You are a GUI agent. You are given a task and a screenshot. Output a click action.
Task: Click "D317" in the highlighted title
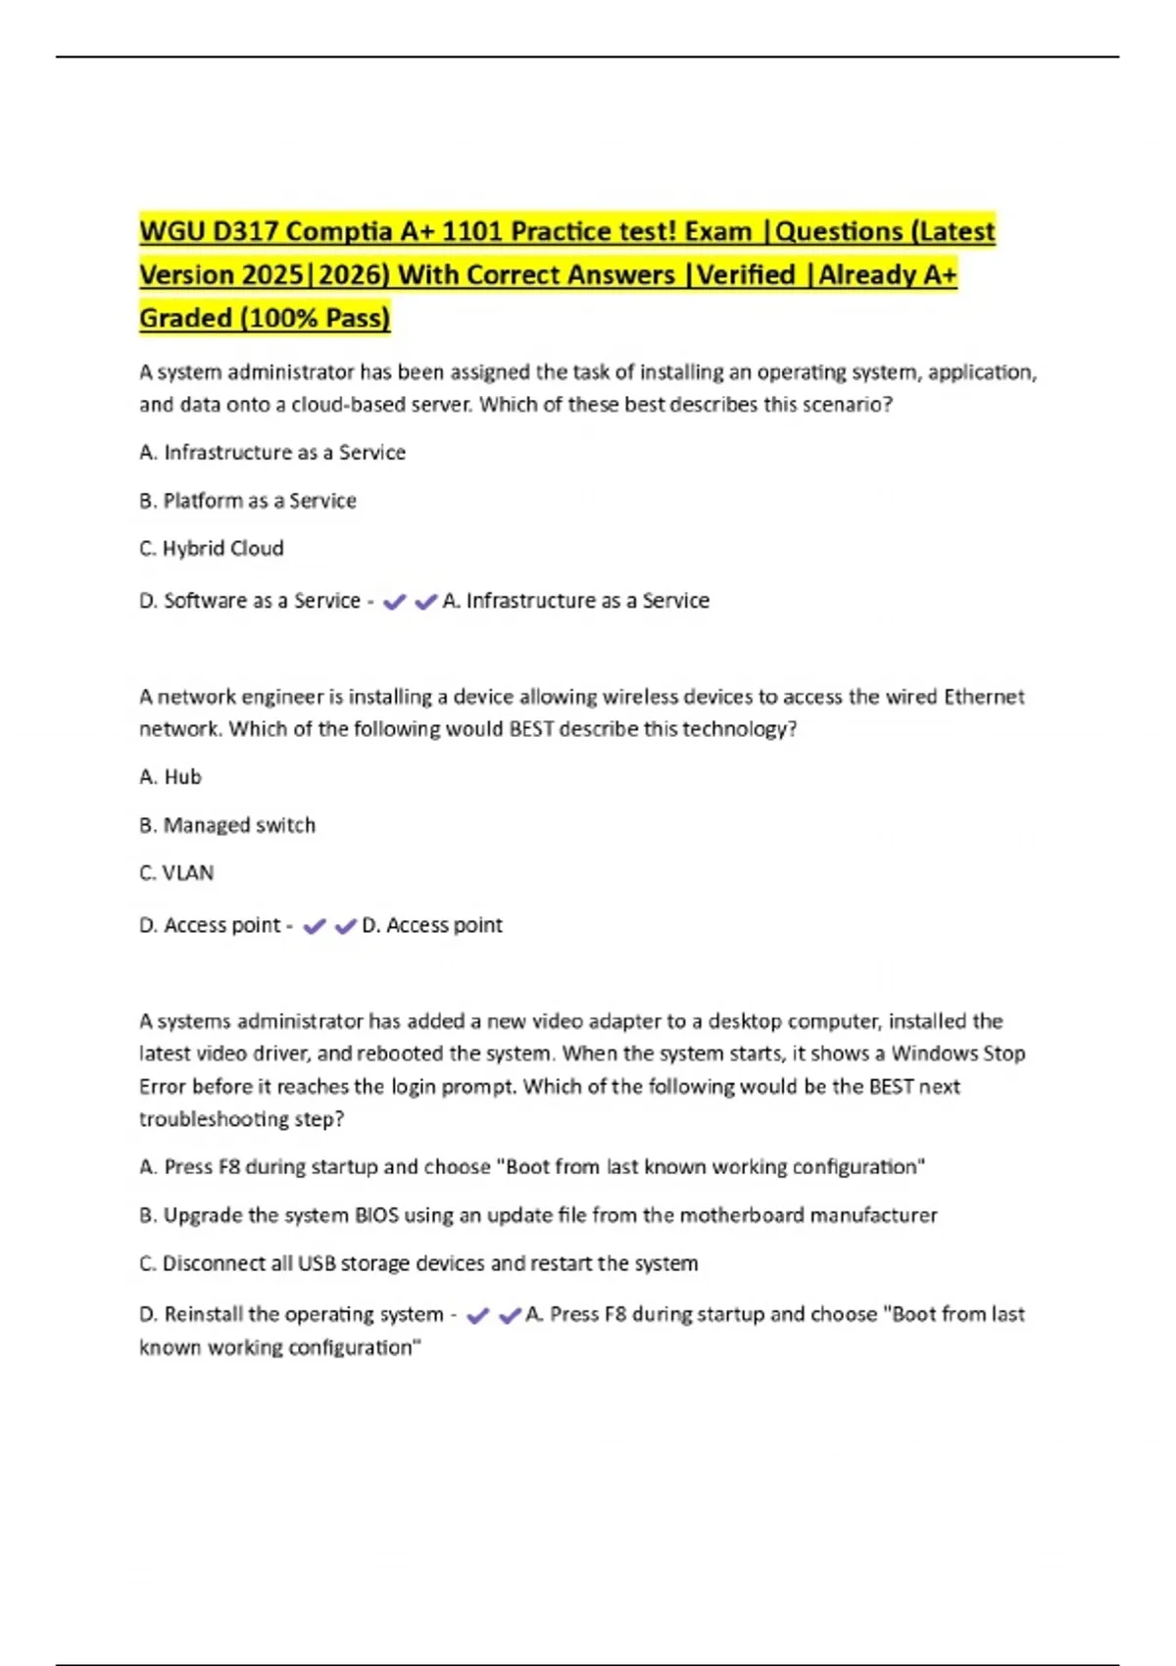tap(246, 231)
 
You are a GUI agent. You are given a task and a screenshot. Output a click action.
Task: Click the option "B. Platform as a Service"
tap(248, 501)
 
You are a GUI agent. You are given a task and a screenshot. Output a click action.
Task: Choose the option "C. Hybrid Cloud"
tap(212, 549)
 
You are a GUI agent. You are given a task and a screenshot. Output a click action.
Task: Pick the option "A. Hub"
tap(171, 777)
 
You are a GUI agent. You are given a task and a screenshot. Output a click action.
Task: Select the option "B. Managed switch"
tap(227, 825)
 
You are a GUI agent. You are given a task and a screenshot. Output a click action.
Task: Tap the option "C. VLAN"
tap(176, 873)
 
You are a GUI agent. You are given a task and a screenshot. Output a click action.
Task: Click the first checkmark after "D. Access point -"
tap(314, 926)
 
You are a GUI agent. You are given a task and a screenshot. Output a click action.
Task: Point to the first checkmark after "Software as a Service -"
tap(394, 602)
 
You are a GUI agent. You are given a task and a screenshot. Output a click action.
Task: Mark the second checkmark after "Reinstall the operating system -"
tap(510, 1316)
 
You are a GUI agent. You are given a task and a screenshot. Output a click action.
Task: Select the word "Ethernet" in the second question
tap(983, 697)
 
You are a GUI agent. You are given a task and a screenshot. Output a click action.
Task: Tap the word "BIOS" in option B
tap(376, 1215)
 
